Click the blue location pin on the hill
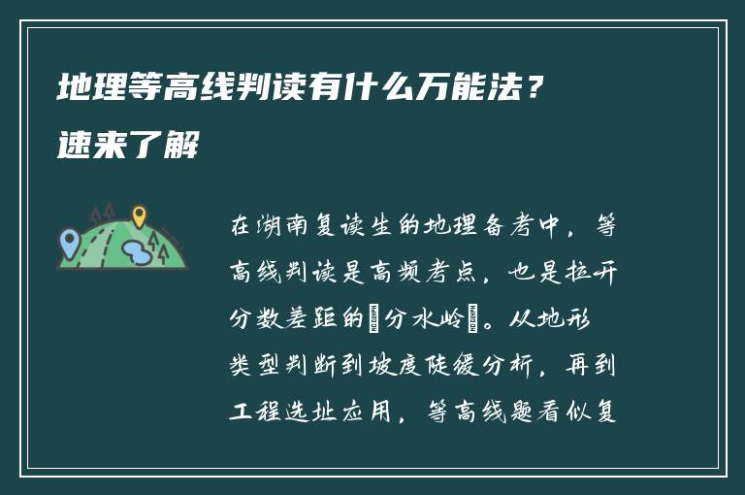pyautogui.click(x=68, y=239)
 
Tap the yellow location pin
pyautogui.click(x=139, y=214)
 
